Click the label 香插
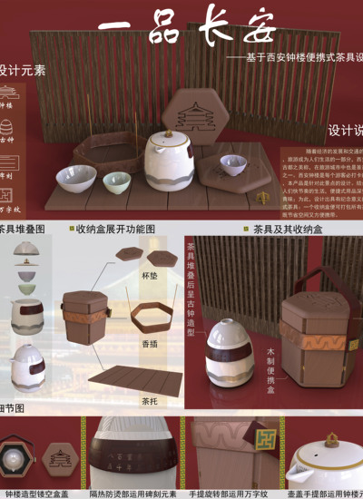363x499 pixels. [x=151, y=344]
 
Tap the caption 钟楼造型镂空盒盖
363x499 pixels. [x=36, y=494]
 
